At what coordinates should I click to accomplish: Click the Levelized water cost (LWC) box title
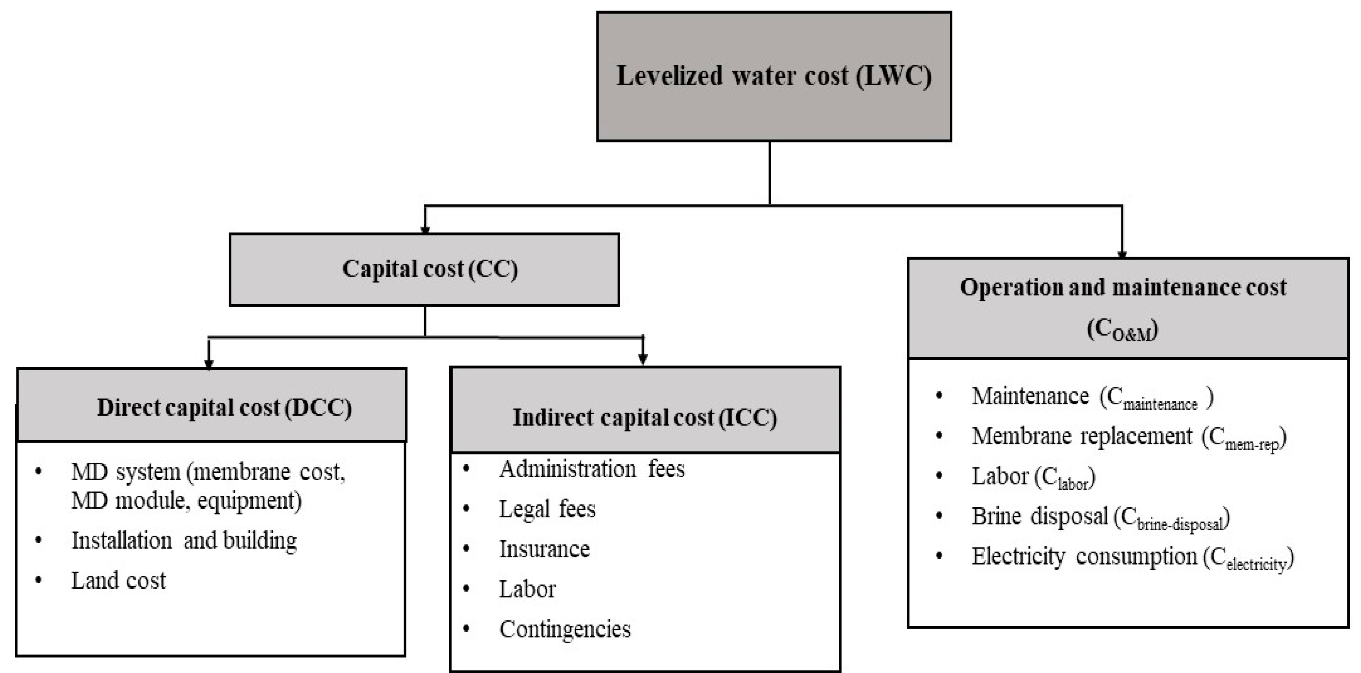[x=774, y=76]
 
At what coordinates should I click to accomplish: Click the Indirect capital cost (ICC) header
[x=644, y=417]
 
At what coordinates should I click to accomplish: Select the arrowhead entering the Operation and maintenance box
[x=1122, y=255]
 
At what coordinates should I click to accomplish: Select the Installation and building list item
[x=184, y=540]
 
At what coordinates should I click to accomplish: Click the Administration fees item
[x=592, y=469]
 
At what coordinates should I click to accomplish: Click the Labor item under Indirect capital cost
[x=527, y=589]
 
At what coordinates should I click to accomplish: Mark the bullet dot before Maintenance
[x=939, y=396]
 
